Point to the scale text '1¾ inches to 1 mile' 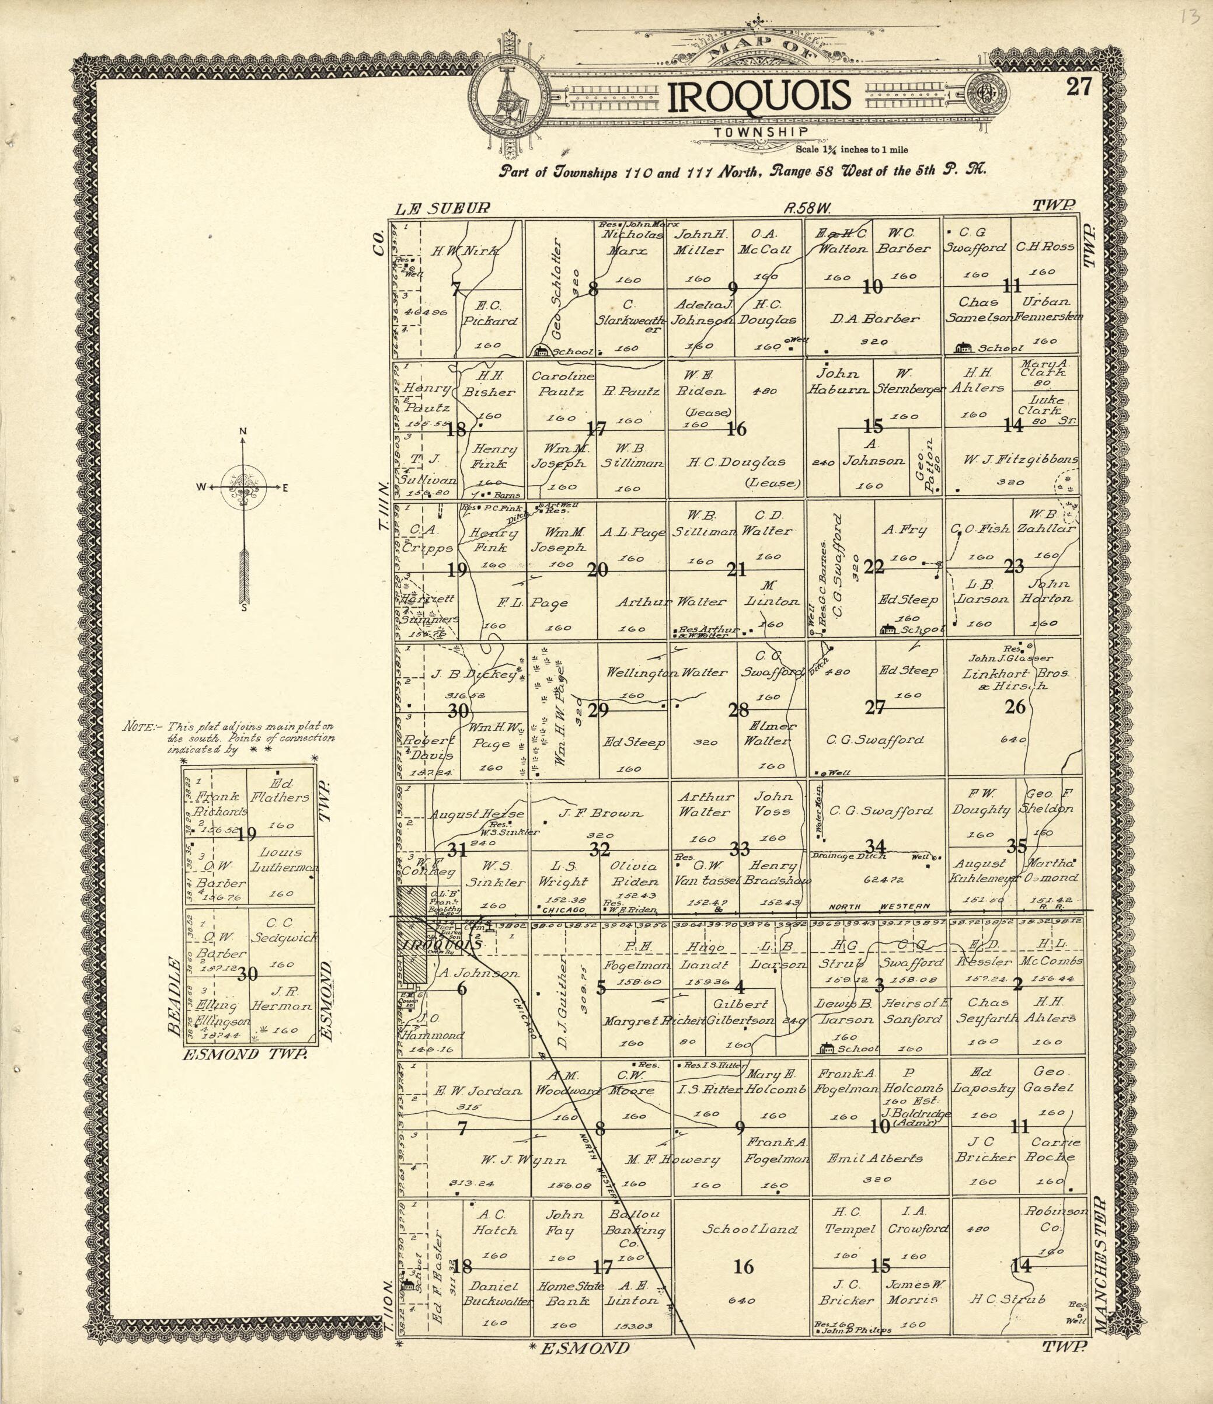tap(852, 150)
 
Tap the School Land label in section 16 tap(750, 1228)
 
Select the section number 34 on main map tap(876, 846)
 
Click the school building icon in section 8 tap(541, 351)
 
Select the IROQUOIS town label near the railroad tap(441, 945)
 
